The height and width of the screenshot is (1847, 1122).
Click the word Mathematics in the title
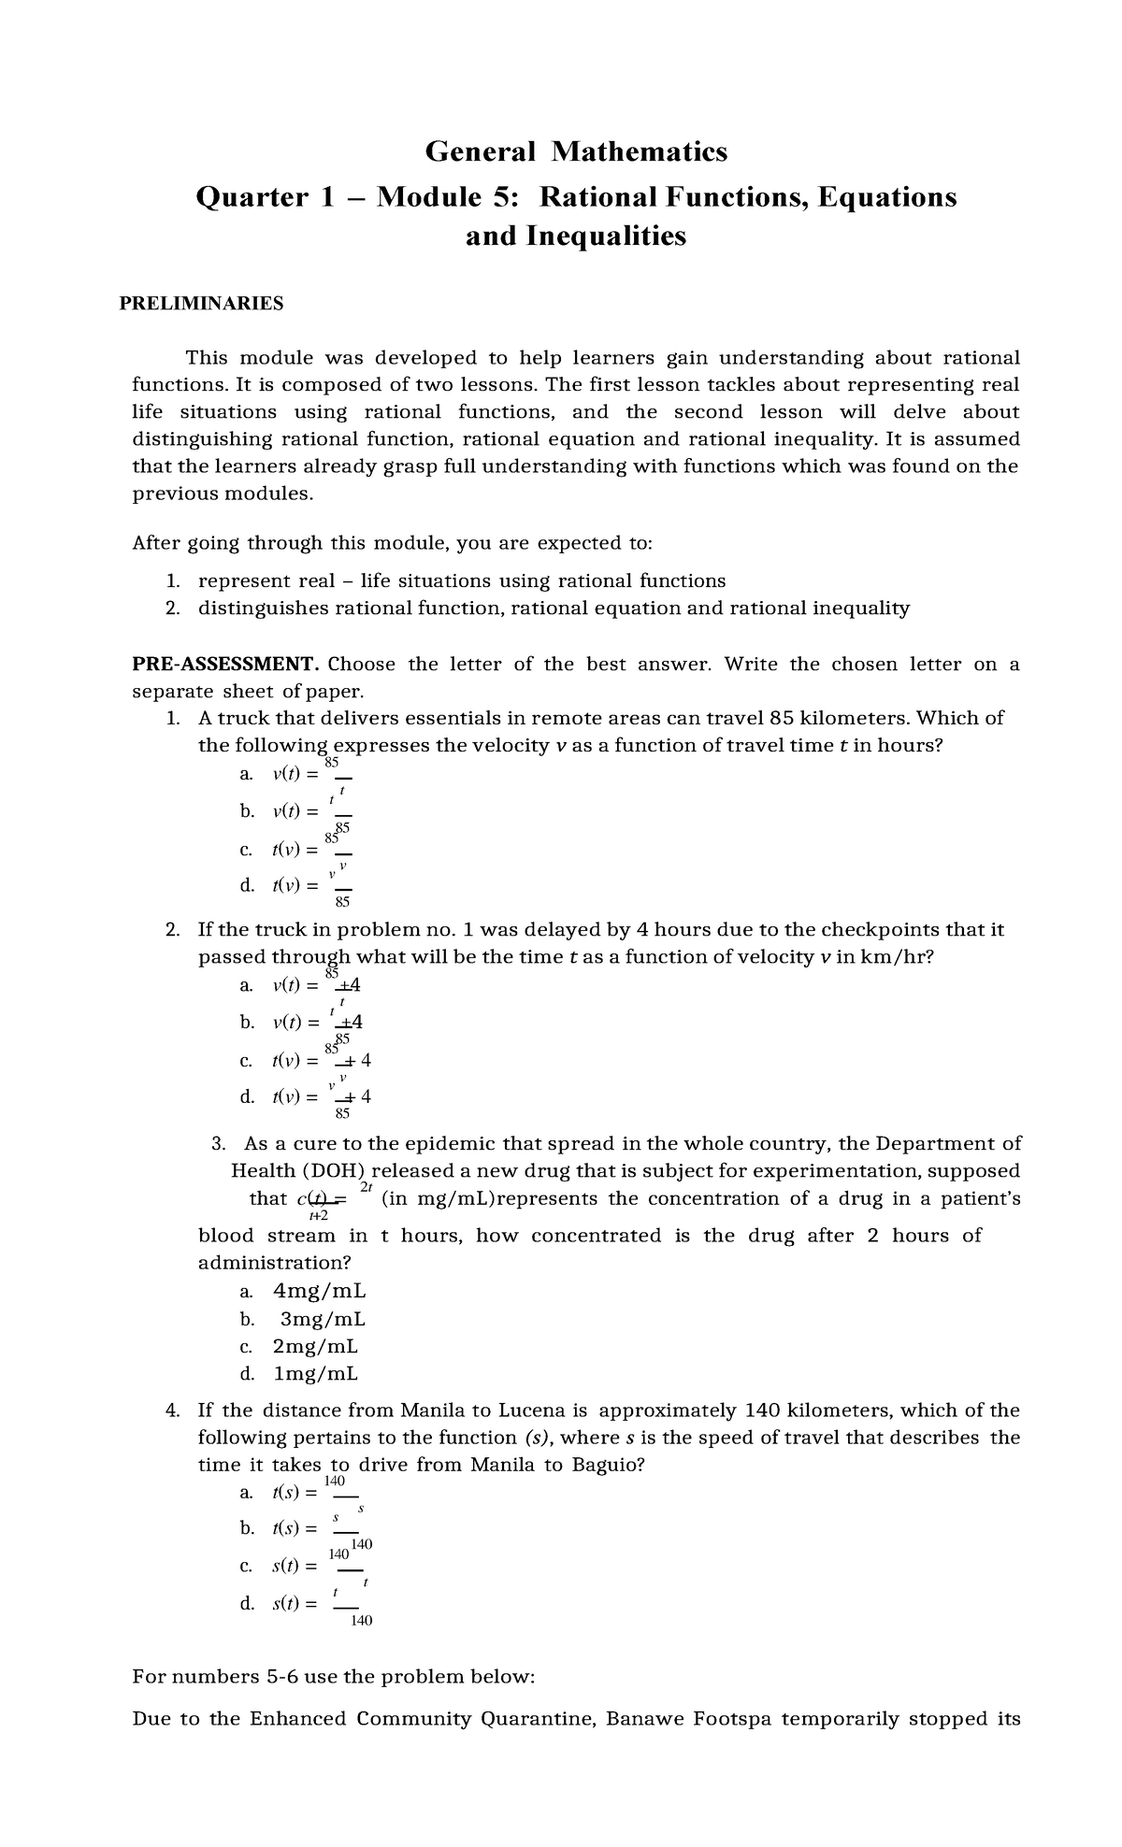[640, 150]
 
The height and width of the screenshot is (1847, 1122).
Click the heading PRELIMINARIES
[201, 303]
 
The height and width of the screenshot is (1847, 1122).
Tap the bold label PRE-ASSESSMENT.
[225, 665]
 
